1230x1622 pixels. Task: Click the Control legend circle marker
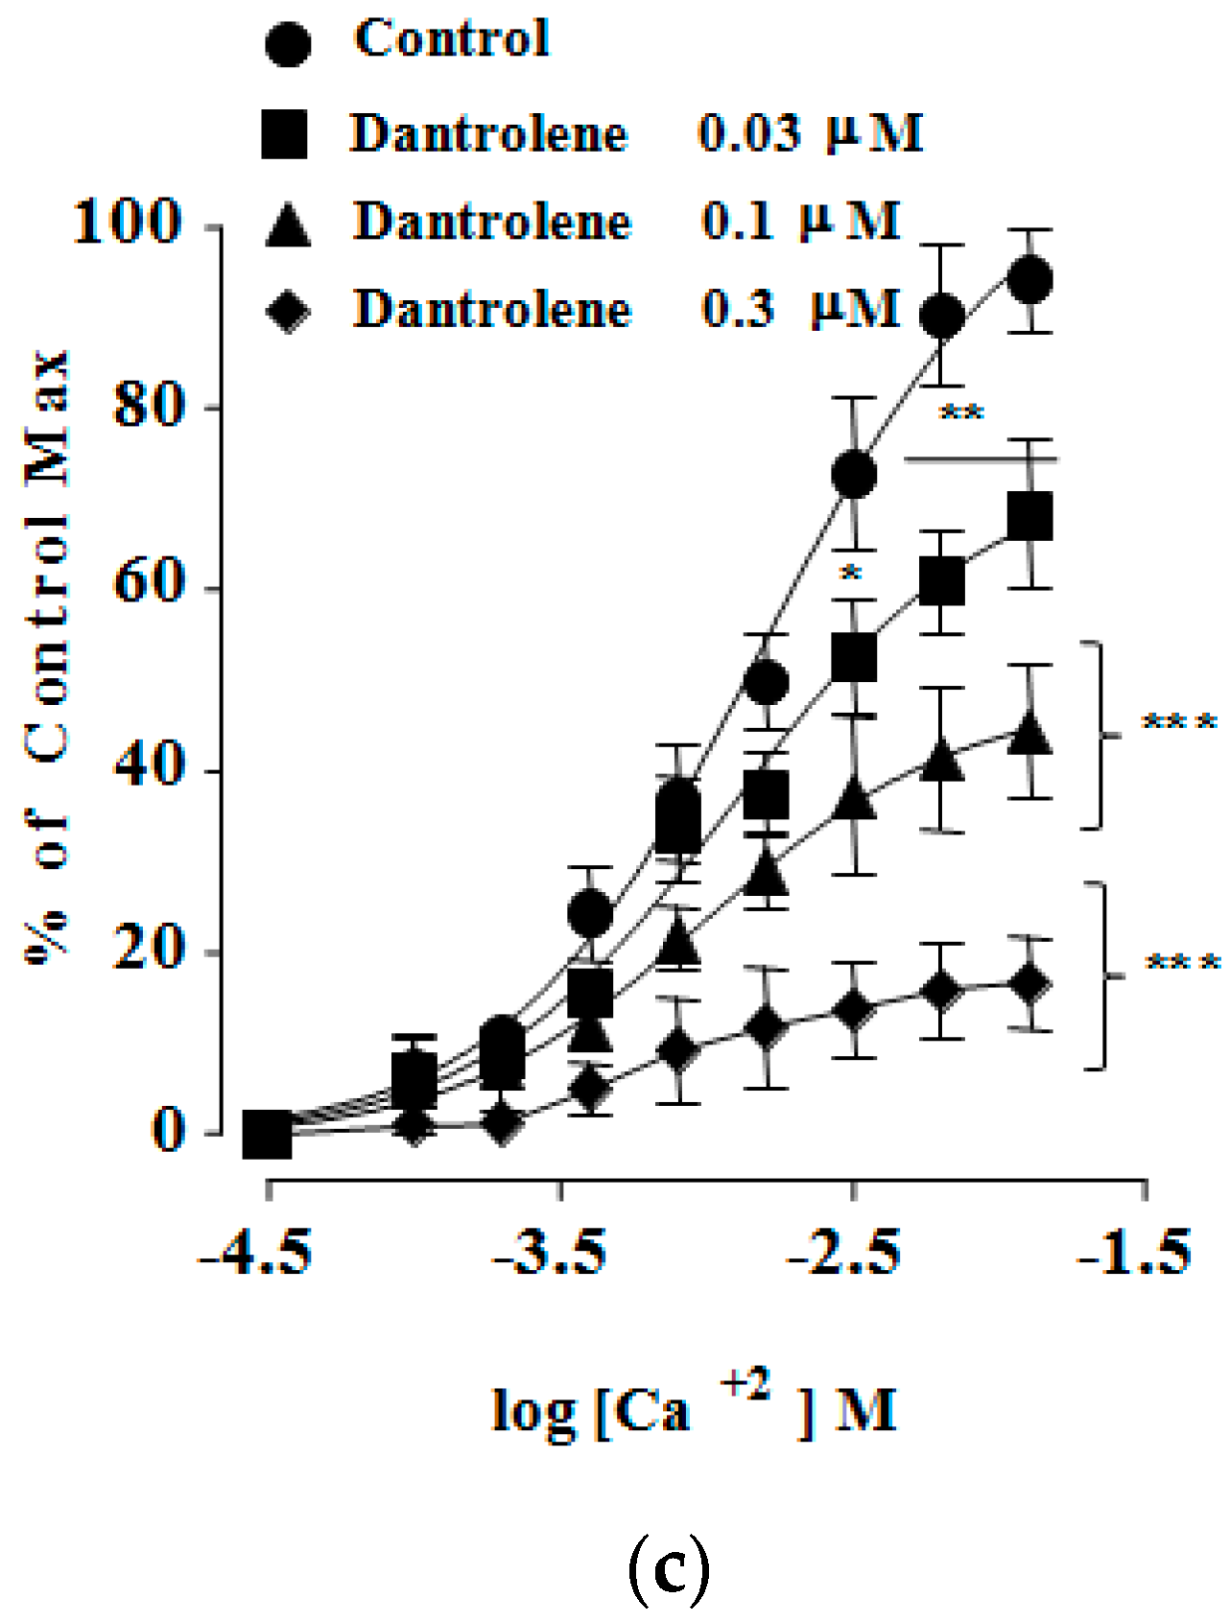coord(287,44)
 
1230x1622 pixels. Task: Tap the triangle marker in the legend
coord(288,227)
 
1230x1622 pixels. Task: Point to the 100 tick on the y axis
coord(129,223)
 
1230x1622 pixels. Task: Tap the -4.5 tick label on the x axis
coord(256,1253)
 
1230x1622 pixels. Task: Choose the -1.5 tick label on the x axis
coord(1135,1253)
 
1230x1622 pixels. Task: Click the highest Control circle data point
coord(1030,280)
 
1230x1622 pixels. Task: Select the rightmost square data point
coord(1030,517)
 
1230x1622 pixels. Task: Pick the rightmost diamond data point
coord(1029,984)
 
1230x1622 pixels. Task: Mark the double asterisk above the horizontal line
coord(960,413)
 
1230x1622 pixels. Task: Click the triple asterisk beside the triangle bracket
coord(1179,721)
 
